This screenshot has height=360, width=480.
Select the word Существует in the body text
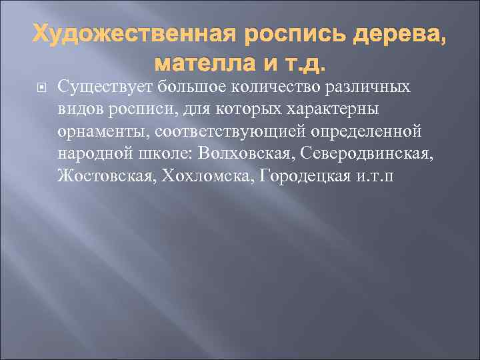(99, 87)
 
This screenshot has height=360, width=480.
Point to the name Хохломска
(194, 177)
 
